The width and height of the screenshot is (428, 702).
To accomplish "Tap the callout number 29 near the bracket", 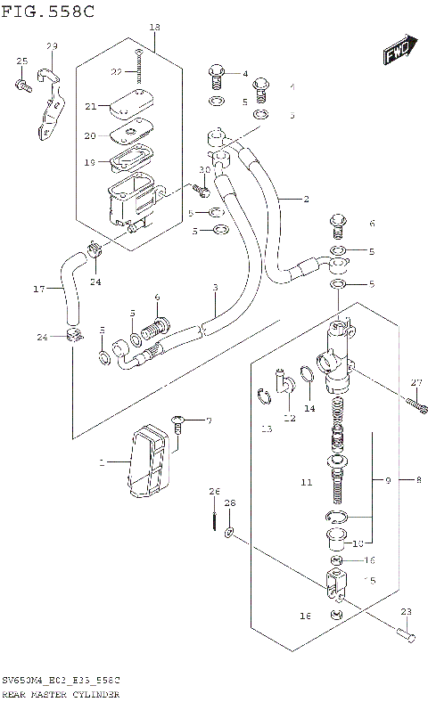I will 51,46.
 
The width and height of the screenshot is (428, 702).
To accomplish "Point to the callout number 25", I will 22,61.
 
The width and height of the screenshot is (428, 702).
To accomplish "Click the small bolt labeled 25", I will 22,86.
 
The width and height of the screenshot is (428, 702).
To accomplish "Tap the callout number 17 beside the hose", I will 38,289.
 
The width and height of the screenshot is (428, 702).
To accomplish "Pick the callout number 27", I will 415,383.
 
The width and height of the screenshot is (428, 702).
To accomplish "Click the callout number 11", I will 306,483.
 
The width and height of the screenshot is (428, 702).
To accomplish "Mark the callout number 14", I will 309,409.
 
